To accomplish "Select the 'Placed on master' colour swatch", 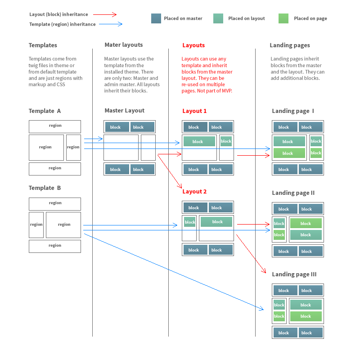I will click(156, 18).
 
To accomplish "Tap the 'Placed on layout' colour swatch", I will click(218, 18).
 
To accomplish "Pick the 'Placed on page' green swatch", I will click(283, 18).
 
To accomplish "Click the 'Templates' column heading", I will click(43, 45).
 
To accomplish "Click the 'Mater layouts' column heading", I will click(123, 45).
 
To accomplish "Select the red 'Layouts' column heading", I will click(193, 45).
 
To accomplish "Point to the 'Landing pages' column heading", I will click(290, 45).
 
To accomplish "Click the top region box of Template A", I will click(55, 126).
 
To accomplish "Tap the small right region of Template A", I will click(73, 147).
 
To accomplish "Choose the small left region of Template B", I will click(36, 225).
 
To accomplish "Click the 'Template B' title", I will click(45, 188).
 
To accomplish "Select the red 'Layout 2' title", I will click(194, 191).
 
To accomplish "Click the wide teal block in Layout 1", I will click(198, 142).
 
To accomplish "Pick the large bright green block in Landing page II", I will click(306, 224).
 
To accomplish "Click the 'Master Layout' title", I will click(125, 110).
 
